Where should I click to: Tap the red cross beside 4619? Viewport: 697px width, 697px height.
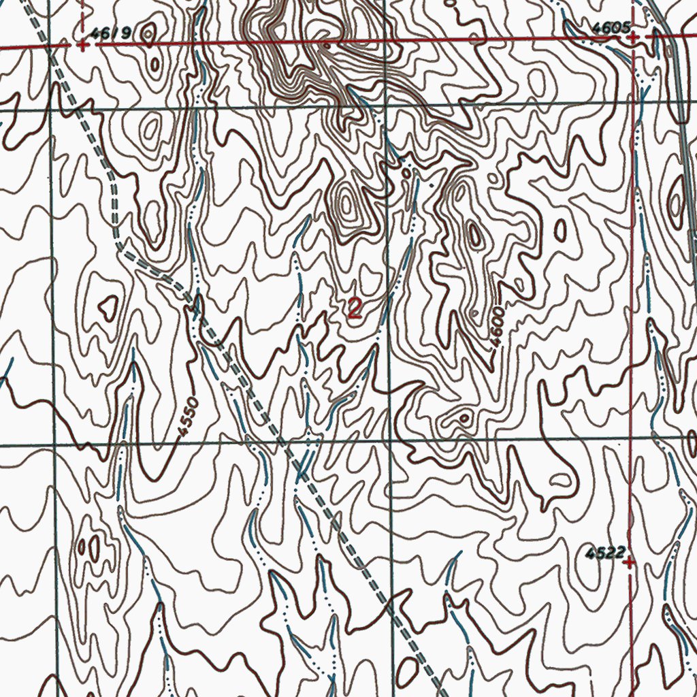[82, 46]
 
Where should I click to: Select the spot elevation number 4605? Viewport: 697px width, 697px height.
[608, 28]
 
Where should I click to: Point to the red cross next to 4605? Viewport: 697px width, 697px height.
[634, 37]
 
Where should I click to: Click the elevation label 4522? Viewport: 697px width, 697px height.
[605, 553]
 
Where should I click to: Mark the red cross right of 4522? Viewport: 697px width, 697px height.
[630, 562]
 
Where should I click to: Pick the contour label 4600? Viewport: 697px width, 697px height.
[498, 327]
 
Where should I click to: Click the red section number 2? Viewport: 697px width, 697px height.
[355, 308]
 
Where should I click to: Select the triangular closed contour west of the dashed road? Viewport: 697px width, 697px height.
[108, 308]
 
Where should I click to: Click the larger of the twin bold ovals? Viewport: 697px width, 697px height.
[94, 547]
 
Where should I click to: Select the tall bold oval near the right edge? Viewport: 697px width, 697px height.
[676, 201]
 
